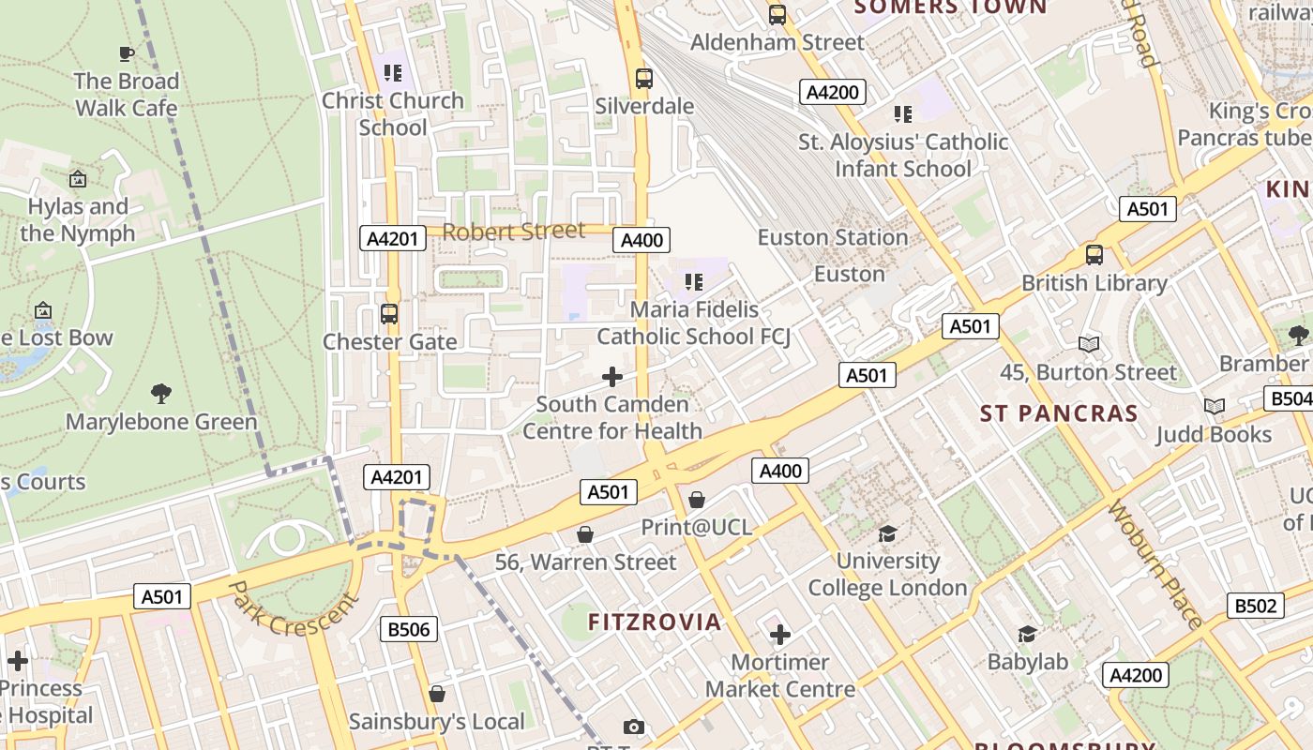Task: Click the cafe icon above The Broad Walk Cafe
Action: pyautogui.click(x=127, y=54)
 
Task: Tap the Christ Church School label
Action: pyautogui.click(x=393, y=113)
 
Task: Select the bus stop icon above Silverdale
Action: pyautogui.click(x=643, y=79)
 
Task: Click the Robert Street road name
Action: pyautogui.click(x=513, y=232)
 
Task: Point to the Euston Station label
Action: pyautogui.click(x=832, y=237)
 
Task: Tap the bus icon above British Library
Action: pyautogui.click(x=1094, y=255)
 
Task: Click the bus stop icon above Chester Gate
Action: pyautogui.click(x=389, y=314)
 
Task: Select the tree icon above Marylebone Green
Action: pyautogui.click(x=161, y=394)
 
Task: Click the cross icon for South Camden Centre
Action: pyautogui.click(x=612, y=377)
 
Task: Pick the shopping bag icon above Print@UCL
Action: pyautogui.click(x=697, y=501)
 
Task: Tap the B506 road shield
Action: pyautogui.click(x=409, y=629)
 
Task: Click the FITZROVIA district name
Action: pyautogui.click(x=655, y=622)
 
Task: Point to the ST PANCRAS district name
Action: pyautogui.click(x=1059, y=413)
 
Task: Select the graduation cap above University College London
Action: pyautogui.click(x=887, y=534)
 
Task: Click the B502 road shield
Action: pyautogui.click(x=1255, y=606)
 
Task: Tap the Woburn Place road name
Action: pyautogui.click(x=1155, y=566)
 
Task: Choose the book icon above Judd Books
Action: pyautogui.click(x=1214, y=407)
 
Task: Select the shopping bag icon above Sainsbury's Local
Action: pyautogui.click(x=436, y=694)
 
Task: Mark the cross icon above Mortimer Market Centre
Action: pyautogui.click(x=780, y=636)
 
